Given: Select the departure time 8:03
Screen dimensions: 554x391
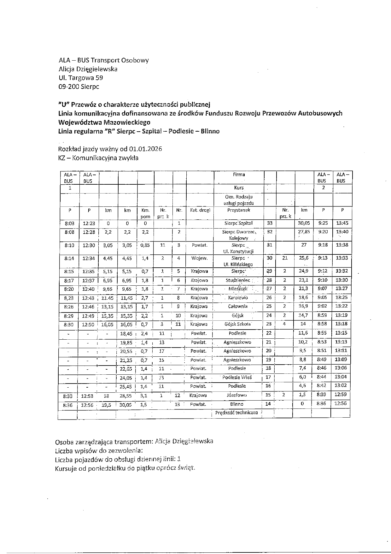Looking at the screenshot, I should tap(69, 223).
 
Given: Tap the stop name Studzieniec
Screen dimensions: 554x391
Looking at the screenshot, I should tap(238, 280).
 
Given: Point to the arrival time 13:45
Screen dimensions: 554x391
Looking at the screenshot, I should tap(342, 223).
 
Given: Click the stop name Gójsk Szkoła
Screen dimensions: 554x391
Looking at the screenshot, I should tap(237, 324).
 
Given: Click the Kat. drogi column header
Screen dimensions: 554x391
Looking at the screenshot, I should tap(200, 210).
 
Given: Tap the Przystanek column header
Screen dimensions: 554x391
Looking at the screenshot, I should tap(239, 210).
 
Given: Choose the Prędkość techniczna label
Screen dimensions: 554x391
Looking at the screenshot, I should tap(236, 412).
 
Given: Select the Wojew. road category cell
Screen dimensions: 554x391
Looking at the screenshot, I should tap(199, 258).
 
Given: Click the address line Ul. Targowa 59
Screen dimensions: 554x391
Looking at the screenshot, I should tap(81, 78).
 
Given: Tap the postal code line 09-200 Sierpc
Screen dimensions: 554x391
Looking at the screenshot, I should tap(79, 86).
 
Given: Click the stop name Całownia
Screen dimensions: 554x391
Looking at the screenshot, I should tap(238, 306).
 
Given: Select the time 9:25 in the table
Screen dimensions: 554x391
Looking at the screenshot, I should tap(323, 223).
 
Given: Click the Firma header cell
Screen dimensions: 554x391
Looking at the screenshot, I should tap(239, 174).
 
